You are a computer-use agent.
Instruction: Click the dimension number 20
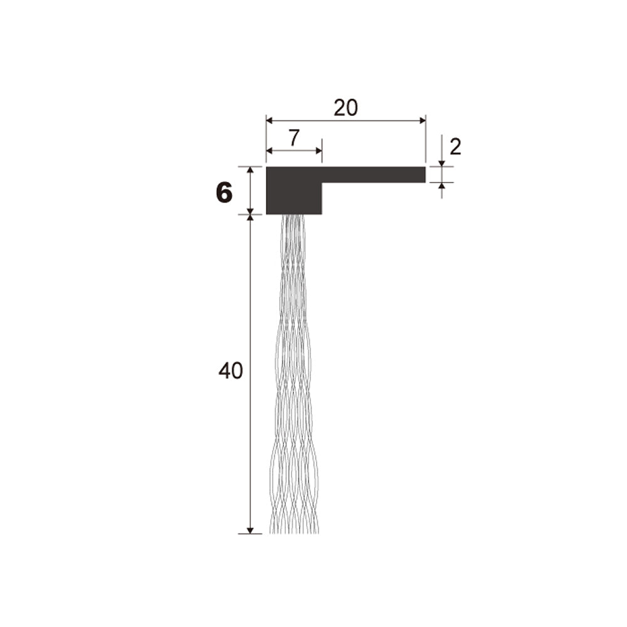tap(346, 108)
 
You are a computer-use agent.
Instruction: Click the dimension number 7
tap(294, 138)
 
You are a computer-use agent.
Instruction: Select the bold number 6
tap(224, 192)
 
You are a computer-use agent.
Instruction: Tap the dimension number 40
tap(230, 371)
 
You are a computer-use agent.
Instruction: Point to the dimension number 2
tap(455, 147)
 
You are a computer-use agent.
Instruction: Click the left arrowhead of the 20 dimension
tap(270, 120)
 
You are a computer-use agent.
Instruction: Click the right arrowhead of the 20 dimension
tap(422, 120)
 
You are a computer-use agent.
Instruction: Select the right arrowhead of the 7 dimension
tap(319, 150)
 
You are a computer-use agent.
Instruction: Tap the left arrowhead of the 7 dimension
tap(270, 150)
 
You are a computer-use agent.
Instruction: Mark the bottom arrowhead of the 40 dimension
tap(250, 530)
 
